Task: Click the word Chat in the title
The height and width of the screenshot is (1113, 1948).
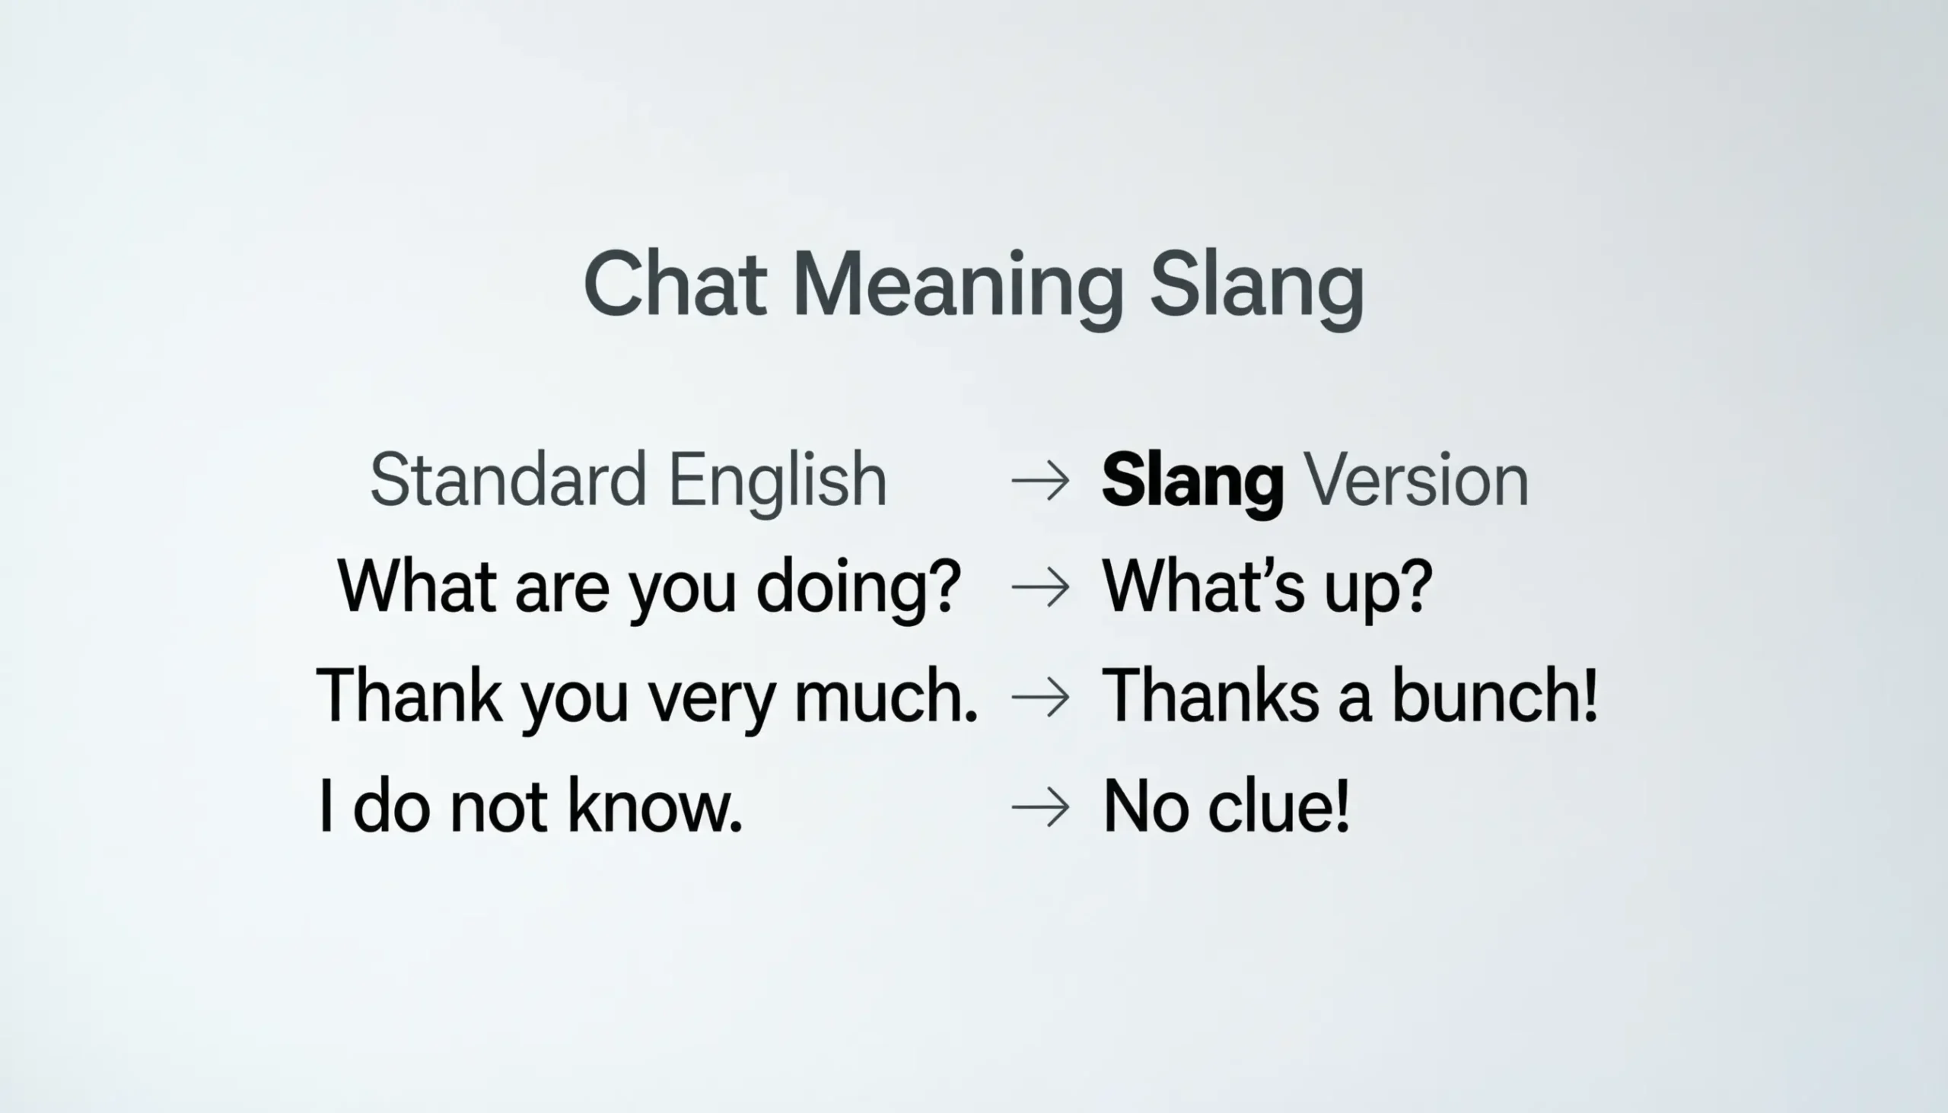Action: [674, 285]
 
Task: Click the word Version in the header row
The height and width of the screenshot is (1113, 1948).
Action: [1415, 480]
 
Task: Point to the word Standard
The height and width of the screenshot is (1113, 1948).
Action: [508, 480]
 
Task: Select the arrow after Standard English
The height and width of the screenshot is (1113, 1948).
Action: [1040, 481]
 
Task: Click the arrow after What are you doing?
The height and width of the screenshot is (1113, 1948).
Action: [1040, 587]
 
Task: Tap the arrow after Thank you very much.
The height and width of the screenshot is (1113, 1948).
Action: [1040, 696]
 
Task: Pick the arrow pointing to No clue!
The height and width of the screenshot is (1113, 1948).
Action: [1040, 806]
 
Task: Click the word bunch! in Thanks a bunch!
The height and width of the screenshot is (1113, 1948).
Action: [1494, 695]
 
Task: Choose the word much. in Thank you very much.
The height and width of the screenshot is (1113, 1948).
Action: [886, 696]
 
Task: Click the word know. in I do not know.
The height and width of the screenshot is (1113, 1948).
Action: [654, 806]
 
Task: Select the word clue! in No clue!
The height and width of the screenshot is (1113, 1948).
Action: [1278, 806]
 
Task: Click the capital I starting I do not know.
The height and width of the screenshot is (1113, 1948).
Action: [326, 806]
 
